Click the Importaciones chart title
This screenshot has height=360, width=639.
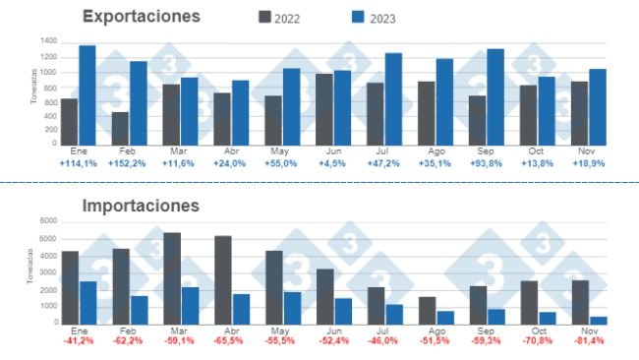coord(142,206)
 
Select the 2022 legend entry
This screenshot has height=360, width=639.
coord(284,18)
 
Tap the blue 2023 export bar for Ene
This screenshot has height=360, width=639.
coord(87,94)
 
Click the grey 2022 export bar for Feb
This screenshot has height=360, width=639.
coord(120,128)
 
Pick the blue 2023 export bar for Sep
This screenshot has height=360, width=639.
coord(494,96)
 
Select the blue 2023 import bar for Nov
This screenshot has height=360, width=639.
coord(598,319)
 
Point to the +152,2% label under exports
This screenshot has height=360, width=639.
coord(128,163)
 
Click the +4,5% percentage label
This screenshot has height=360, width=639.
coord(333,163)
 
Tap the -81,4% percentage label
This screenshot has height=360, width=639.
coord(589,340)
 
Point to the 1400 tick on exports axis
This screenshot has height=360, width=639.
coord(48,41)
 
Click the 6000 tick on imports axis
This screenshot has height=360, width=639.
coord(48,223)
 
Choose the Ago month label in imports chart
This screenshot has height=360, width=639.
coord(436,330)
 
